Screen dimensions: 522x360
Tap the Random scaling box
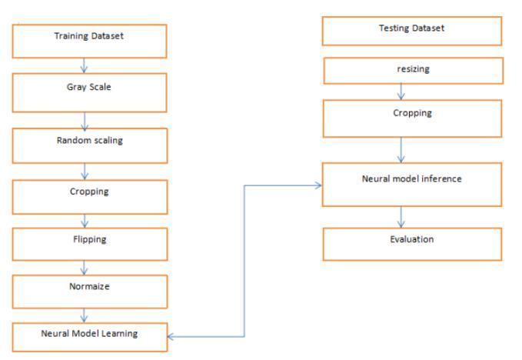coord(89,145)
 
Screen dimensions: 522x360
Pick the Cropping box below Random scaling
coord(89,195)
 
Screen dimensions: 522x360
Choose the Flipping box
coord(89,242)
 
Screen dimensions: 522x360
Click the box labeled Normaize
coord(89,291)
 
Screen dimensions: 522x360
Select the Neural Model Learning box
coord(89,336)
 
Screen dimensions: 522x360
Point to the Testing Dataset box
coord(411,31)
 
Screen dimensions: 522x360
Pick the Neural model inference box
coord(411,184)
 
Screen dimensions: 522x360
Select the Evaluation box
coord(411,243)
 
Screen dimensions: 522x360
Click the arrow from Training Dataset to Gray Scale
coord(84,65)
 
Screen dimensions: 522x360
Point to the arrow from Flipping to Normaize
coord(84,267)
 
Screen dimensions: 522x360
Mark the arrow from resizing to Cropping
coord(401,92)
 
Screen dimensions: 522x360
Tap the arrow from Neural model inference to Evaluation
coord(401,216)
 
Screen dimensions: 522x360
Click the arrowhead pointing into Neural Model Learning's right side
coord(171,336)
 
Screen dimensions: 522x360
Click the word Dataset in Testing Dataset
coord(427,28)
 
